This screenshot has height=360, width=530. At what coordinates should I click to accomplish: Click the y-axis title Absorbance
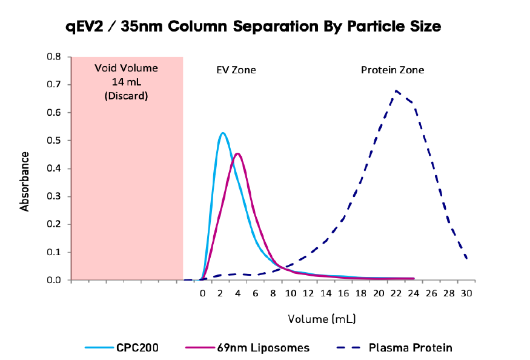click(x=25, y=181)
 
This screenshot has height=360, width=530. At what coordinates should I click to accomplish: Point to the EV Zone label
click(x=236, y=70)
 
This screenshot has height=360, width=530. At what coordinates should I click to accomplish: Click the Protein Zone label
click(x=393, y=70)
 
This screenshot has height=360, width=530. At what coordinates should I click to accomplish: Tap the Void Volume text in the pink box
click(x=126, y=68)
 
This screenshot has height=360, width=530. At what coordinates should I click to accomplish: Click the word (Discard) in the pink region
click(x=126, y=96)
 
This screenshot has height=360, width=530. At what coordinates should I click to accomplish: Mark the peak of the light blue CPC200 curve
click(x=222, y=133)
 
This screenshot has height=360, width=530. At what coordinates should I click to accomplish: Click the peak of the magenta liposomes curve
click(x=237, y=153)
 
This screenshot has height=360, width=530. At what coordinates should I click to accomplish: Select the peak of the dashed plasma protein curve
click(x=396, y=92)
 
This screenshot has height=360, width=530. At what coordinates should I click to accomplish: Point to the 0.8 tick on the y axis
click(x=54, y=57)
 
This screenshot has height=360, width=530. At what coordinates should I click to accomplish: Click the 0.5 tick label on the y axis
click(x=54, y=141)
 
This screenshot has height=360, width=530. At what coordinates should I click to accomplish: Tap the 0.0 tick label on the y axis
click(x=54, y=280)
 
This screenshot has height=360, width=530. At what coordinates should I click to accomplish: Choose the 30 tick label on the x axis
click(x=466, y=293)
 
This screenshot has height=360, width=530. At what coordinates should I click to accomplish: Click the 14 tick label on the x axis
click(x=326, y=293)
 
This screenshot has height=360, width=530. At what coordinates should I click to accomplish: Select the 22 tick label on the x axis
click(x=396, y=293)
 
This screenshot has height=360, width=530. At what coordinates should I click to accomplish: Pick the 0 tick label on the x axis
click(x=203, y=293)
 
